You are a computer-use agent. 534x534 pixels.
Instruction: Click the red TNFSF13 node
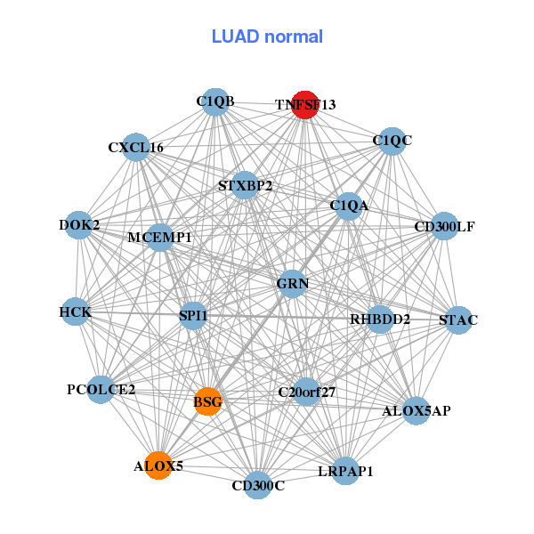tap(305, 105)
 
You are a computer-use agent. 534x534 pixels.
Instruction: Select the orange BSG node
tap(207, 401)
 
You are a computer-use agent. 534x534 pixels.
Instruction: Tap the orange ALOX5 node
tap(158, 465)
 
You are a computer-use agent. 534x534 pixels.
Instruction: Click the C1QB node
tap(215, 101)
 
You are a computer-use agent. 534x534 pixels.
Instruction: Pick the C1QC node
tap(392, 142)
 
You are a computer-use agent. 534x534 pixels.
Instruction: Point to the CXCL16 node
tap(136, 147)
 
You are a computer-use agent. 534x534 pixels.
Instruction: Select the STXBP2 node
tap(245, 185)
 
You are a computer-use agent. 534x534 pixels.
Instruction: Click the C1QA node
tap(349, 206)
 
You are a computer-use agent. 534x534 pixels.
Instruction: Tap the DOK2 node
tap(78, 225)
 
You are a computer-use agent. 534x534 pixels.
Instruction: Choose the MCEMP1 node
tap(159, 238)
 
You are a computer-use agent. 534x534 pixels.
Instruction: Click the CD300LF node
tap(444, 226)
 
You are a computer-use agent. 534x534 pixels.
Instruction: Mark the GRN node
tap(292, 284)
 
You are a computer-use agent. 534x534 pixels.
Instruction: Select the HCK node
tap(76, 311)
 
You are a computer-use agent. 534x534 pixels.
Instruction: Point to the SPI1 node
tap(193, 316)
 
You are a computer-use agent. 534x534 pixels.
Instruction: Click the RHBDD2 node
tap(380, 320)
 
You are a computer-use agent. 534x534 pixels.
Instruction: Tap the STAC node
tap(458, 320)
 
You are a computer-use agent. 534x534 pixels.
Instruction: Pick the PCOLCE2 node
tap(101, 390)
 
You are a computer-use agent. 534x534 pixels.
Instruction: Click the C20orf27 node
tap(306, 392)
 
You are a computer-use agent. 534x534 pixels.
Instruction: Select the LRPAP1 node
tap(345, 471)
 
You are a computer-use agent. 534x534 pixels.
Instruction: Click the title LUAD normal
tap(267, 36)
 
